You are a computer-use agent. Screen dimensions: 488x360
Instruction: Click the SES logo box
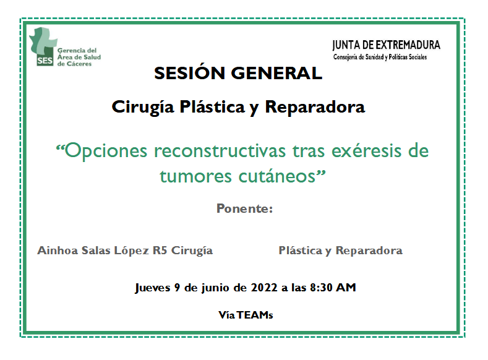point(45,60)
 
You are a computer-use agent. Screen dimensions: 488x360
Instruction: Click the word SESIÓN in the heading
point(189,73)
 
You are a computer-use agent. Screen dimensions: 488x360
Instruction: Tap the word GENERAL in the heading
point(276,74)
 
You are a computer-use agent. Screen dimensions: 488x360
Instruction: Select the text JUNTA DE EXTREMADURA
point(386,45)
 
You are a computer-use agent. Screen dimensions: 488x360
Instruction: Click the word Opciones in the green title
point(101,152)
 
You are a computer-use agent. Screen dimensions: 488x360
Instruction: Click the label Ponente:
point(245,208)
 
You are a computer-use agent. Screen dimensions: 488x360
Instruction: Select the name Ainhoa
point(58,250)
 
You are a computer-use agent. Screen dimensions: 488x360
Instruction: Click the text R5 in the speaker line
point(160,250)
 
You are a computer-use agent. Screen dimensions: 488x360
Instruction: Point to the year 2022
point(264,287)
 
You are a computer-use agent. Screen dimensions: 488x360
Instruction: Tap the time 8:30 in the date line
point(321,287)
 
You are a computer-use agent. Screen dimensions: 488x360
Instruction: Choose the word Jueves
point(153,288)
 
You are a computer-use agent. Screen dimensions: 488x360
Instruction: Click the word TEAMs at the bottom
point(255,315)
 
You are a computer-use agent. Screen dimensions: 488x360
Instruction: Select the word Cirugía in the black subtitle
point(143,108)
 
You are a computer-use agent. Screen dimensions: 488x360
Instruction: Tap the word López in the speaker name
point(131,251)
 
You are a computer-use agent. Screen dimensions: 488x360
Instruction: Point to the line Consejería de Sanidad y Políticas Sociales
point(380,57)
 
